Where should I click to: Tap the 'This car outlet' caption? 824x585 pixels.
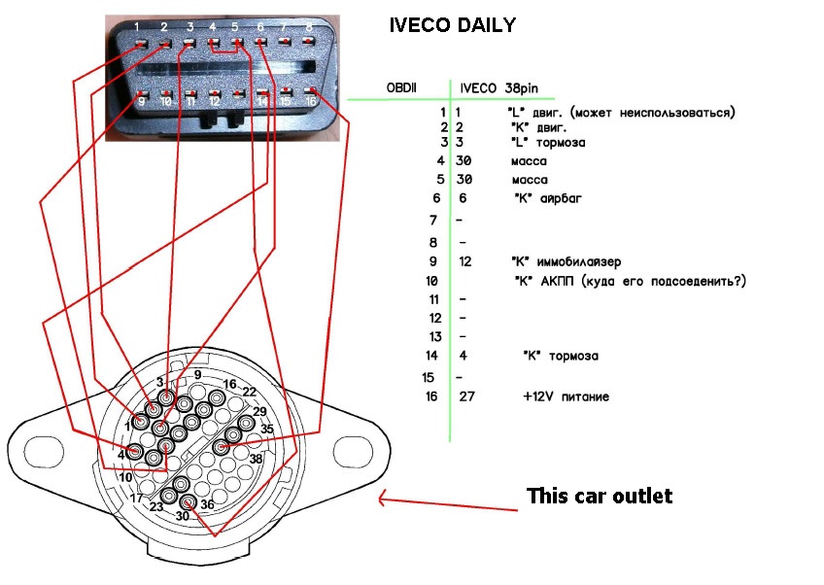coord(599,497)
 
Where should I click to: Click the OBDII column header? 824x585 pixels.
coord(401,88)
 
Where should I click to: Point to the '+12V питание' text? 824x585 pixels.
coord(566,396)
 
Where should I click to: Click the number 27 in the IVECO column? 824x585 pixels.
coord(467,396)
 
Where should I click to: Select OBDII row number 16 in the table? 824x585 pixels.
coord(431,396)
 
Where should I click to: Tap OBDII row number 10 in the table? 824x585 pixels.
coord(431,281)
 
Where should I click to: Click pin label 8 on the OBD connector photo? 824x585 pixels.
coord(309,26)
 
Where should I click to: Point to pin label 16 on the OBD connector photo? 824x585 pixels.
coord(311,100)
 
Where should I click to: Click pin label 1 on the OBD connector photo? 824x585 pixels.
coord(140,26)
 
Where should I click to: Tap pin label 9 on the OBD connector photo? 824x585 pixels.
coord(142,100)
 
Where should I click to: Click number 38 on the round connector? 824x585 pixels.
coord(257,458)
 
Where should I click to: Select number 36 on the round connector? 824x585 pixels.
coord(207,504)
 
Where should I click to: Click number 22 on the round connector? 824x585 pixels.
coord(250,392)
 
